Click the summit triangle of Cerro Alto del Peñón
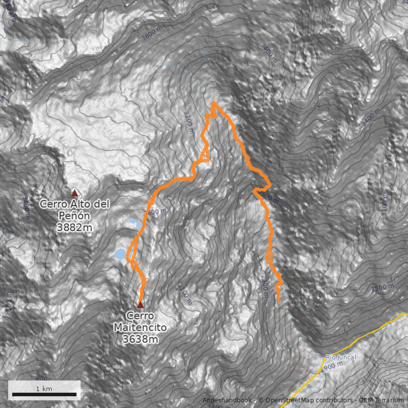point(74,193)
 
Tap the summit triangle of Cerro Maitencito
point(140,304)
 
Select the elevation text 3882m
point(75,227)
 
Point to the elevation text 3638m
point(140,339)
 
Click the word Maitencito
point(140,327)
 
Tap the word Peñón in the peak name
point(74,216)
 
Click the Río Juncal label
point(341,358)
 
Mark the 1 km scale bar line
point(44,395)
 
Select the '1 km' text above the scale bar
point(44,389)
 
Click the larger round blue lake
point(120,254)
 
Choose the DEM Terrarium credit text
point(381,400)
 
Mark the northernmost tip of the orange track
point(214,103)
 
